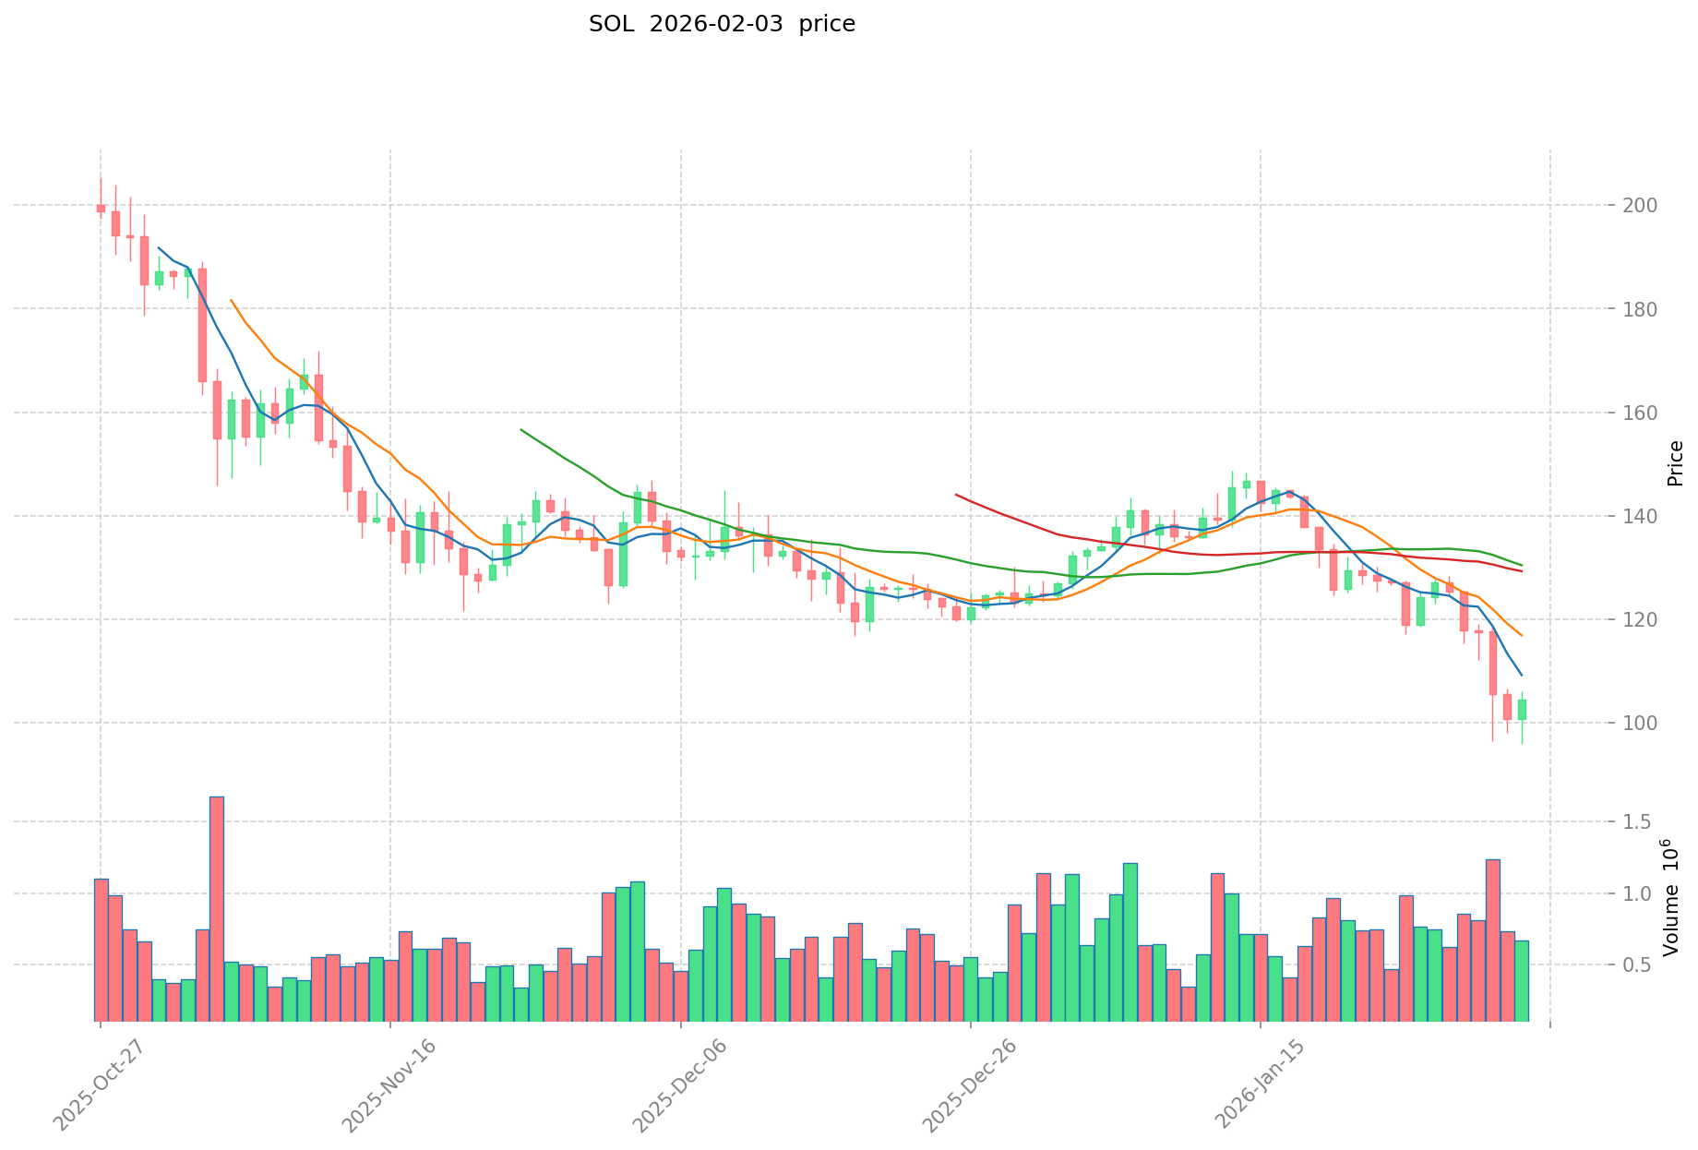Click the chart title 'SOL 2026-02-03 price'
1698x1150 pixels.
point(722,25)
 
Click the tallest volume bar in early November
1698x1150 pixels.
point(217,908)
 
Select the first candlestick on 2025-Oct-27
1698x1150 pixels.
point(101,209)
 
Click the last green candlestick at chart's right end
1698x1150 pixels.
point(1522,710)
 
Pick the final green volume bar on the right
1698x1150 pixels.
point(1522,980)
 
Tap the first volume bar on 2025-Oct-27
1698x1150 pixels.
point(101,950)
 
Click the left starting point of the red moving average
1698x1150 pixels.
point(956,495)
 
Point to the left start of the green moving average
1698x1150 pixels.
point(521,429)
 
